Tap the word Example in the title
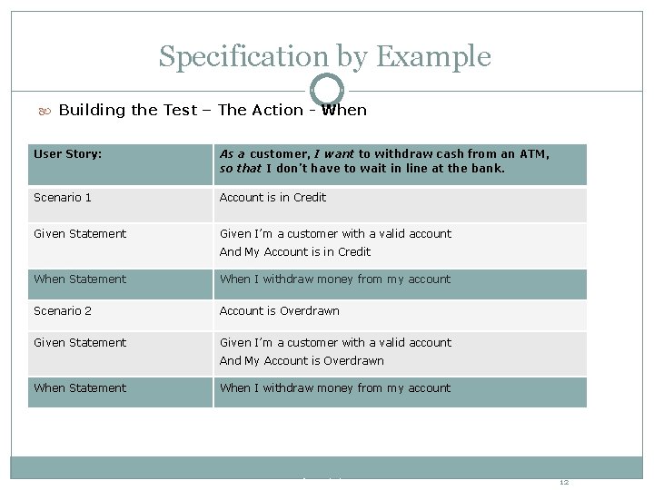pos(432,57)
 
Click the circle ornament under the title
pos(327,90)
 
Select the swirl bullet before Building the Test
pos(45,111)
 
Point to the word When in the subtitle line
pos(344,111)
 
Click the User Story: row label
pos(68,154)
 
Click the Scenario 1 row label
pos(63,198)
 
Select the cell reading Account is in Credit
pos(272,198)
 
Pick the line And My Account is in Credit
pos(295,252)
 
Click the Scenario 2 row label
pos(63,311)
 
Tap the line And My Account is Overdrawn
pos(302,361)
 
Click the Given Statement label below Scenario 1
pos(80,234)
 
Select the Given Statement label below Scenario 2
pos(80,343)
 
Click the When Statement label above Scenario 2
pos(80,279)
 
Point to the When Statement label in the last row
pos(80,388)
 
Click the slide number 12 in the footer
pos(564,482)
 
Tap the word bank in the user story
pos(488,169)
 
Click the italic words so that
pos(240,169)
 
